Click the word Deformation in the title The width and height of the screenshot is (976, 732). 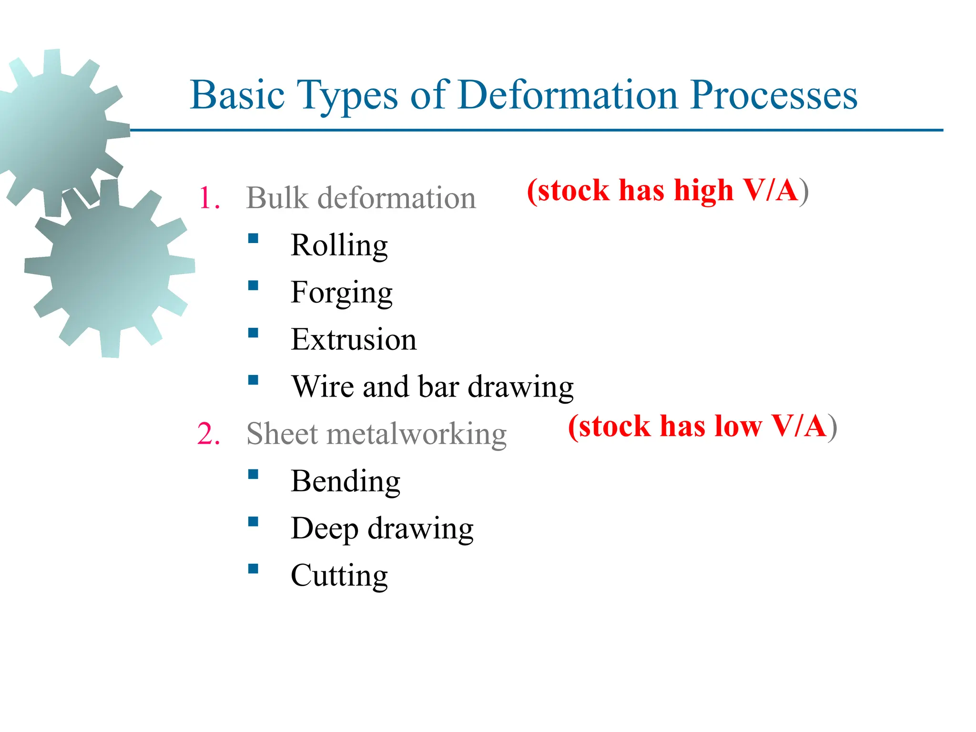click(x=568, y=95)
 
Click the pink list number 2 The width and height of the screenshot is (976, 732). click(x=208, y=434)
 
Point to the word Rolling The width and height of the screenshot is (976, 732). click(x=339, y=245)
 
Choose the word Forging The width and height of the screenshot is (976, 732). click(x=341, y=293)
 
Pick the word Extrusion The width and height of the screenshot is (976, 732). click(x=354, y=339)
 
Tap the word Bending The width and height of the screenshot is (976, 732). click(x=346, y=481)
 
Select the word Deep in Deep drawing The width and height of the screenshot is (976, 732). click(x=324, y=529)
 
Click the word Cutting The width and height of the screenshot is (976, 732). click(x=339, y=575)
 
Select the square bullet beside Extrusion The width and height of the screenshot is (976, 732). click(x=253, y=333)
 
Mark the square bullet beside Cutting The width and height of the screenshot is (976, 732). click(x=253, y=569)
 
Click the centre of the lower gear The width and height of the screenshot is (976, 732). click(x=110, y=268)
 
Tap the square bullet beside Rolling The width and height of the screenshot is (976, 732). click(x=253, y=238)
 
